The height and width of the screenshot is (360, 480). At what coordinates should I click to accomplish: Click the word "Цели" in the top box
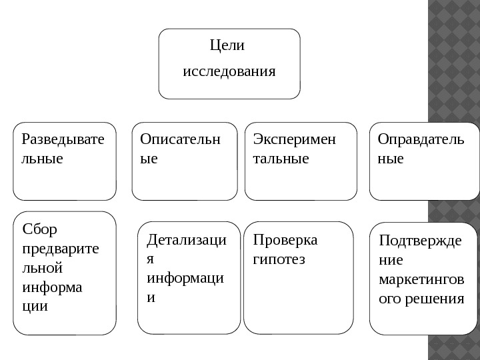227,45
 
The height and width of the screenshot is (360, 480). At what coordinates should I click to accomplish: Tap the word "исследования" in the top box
229,70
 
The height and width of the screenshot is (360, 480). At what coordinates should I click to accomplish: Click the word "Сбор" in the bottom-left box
40,230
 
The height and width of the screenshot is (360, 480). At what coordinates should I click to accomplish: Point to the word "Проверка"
285,239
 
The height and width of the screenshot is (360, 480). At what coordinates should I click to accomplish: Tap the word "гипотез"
279,258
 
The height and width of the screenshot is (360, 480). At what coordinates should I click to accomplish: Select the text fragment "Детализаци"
186,239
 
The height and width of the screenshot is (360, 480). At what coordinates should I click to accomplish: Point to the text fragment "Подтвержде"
419,240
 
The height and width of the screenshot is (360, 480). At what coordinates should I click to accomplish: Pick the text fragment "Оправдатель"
421,139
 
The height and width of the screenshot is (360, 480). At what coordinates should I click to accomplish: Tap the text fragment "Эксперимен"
295,139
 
